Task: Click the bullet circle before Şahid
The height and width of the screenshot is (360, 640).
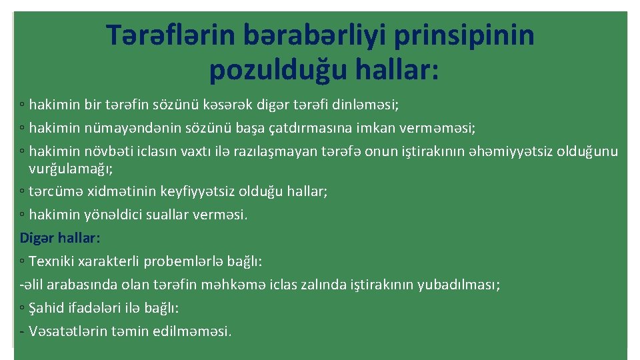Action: pyautogui.click(x=23, y=309)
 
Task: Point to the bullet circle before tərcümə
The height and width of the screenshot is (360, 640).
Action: pyautogui.click(x=23, y=192)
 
